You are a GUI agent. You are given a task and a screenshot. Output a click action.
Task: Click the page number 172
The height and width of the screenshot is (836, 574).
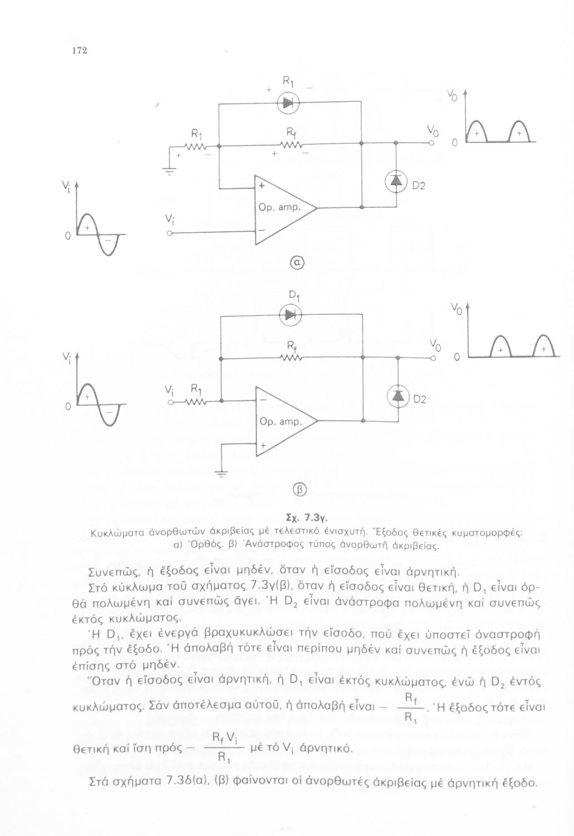80,51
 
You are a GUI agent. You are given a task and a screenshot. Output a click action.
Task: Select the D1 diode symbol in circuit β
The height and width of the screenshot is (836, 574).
290,315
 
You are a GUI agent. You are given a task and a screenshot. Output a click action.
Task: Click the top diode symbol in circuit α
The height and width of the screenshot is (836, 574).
288,103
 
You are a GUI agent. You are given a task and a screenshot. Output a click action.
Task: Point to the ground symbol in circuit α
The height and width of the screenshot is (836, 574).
169,172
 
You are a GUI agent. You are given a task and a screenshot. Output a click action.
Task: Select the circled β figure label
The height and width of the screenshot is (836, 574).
301,489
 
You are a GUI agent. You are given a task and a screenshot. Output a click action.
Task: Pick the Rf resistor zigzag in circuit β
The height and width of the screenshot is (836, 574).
292,358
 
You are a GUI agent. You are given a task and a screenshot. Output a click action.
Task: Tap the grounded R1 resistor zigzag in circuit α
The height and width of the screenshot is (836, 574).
195,147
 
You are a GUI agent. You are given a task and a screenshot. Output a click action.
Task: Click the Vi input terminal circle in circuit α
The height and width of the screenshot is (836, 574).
170,234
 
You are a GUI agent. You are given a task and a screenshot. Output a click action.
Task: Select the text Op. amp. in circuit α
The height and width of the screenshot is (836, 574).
279,207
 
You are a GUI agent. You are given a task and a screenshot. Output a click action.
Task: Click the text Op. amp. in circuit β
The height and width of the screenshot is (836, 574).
280,422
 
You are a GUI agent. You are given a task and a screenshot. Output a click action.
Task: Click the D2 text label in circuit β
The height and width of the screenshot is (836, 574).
420,400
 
